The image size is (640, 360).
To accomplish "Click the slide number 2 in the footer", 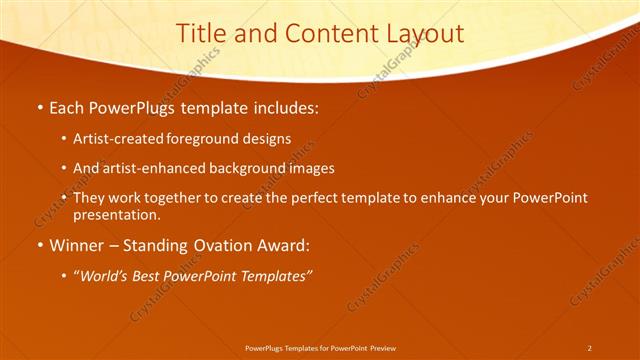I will [589, 347].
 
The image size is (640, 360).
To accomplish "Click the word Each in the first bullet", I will [68, 105].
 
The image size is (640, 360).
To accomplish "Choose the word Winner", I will [76, 245].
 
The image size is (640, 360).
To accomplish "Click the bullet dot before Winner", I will [39, 246].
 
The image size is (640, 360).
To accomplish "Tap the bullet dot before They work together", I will [65, 199].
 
